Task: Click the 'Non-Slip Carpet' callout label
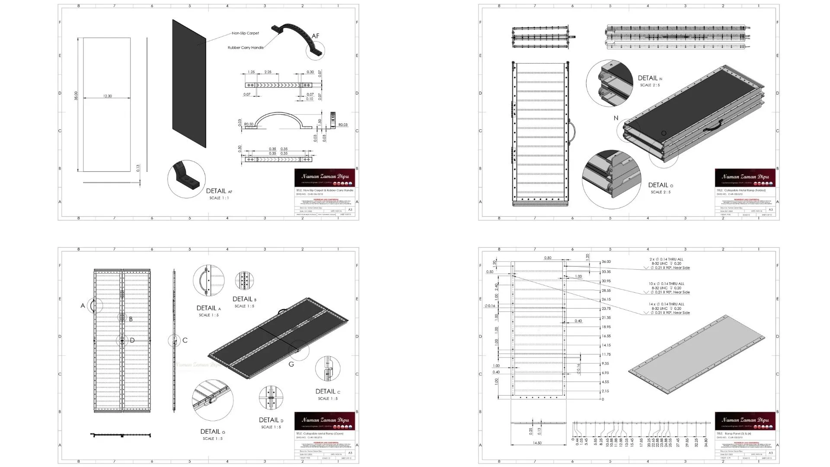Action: (x=245, y=33)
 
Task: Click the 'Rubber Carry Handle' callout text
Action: (x=246, y=48)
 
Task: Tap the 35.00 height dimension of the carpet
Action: (x=76, y=96)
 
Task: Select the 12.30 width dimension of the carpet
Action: (x=107, y=96)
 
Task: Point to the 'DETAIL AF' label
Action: (x=219, y=191)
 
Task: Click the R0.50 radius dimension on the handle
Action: (x=249, y=125)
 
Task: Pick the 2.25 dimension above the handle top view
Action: (x=268, y=72)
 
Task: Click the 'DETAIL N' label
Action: (x=650, y=78)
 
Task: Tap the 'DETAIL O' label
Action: (x=660, y=185)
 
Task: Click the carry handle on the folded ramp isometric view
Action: (x=712, y=125)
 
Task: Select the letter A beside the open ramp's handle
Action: (x=83, y=306)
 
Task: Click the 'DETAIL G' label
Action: (x=212, y=432)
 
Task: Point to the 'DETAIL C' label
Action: (x=328, y=391)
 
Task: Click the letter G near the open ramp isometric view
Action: (x=291, y=365)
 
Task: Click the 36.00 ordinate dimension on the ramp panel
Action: (x=606, y=262)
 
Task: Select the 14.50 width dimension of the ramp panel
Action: (x=537, y=443)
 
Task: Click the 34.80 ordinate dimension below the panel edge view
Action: (x=706, y=442)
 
